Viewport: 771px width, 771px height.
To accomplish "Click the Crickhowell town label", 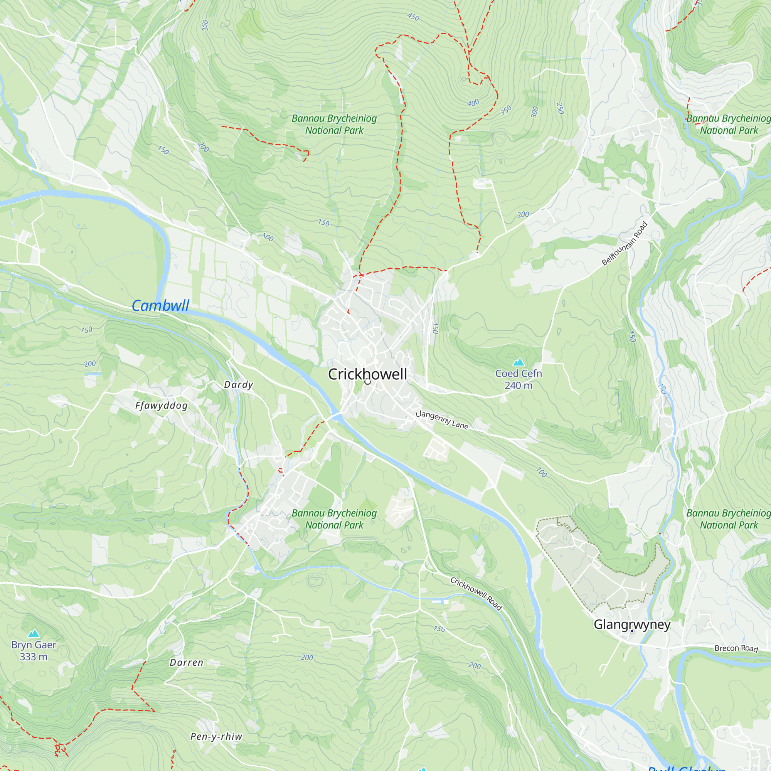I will tap(367, 374).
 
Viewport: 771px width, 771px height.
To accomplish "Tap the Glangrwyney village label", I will tap(632, 624).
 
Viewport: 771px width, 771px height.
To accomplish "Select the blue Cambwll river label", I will tap(160, 306).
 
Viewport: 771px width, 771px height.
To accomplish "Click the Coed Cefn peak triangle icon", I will tap(518, 362).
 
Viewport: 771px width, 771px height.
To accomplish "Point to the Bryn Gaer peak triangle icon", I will tap(34, 633).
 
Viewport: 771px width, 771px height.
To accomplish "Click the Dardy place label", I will tap(239, 385).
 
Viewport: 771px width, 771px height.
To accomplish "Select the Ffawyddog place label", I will tap(161, 406).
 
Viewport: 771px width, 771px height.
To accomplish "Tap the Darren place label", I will tap(186, 662).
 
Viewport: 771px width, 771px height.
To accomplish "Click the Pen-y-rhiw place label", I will tap(216, 737).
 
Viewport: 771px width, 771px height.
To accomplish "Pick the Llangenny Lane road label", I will tap(442, 420).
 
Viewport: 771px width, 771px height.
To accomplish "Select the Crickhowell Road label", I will tap(476, 593).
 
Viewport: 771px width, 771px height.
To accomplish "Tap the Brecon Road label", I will tap(736, 648).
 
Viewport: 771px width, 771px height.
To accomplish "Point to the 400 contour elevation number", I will tap(473, 103).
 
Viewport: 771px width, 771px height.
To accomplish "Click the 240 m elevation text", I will tap(518, 385).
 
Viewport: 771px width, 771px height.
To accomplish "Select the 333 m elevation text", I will tap(34, 657).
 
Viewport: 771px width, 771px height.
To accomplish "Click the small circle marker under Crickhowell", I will tap(367, 382).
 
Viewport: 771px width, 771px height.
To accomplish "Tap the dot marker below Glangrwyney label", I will tap(632, 631).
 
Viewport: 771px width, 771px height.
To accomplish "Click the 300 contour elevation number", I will tap(535, 112).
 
